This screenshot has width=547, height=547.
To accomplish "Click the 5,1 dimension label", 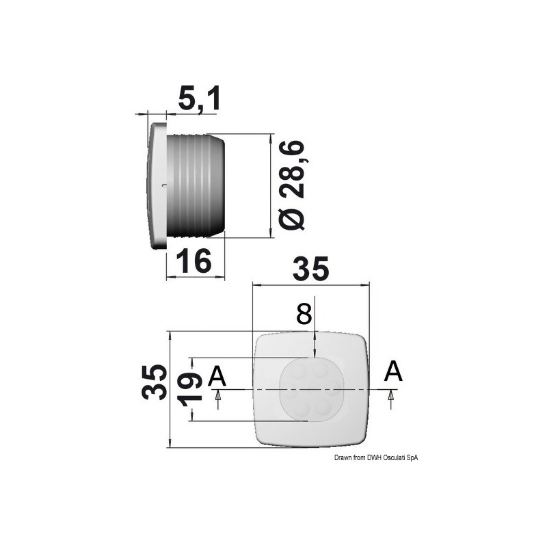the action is click(199, 99).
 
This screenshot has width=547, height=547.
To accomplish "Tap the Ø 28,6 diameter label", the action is click(292, 185).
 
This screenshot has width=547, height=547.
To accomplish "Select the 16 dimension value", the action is click(194, 261).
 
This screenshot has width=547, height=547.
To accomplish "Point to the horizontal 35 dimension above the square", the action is click(310, 269).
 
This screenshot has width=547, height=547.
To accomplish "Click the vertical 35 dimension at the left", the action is click(154, 382).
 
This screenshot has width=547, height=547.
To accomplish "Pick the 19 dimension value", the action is click(191, 389).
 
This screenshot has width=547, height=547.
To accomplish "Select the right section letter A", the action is click(393, 371).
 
